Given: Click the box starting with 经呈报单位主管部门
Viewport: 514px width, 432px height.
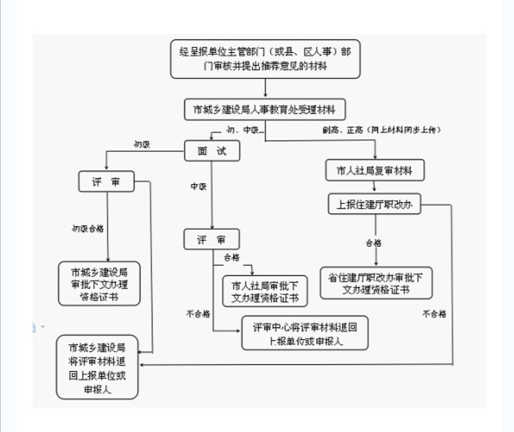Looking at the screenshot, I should (x=265, y=59).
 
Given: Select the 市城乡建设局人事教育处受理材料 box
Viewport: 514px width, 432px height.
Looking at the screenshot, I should (x=265, y=110).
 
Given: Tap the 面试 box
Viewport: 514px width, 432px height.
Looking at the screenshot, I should (x=212, y=152).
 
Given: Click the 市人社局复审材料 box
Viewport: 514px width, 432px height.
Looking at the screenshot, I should (x=375, y=170).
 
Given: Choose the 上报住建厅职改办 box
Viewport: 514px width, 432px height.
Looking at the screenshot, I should (x=375, y=205).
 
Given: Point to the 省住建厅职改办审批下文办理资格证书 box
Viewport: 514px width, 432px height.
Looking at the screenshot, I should (x=376, y=283).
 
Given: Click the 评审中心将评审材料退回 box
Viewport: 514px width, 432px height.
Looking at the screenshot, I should (x=305, y=333).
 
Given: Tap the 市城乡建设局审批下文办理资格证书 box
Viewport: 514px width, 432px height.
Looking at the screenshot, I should (x=99, y=284).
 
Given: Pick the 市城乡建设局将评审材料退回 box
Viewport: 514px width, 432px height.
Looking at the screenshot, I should (x=97, y=367).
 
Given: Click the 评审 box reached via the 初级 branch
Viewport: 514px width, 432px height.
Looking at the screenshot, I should (x=107, y=182).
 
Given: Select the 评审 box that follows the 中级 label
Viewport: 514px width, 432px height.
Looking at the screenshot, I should (x=212, y=240).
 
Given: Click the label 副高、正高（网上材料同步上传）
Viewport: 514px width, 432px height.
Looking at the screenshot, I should (x=382, y=129).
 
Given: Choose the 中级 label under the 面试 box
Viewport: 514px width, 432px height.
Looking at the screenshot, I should (x=198, y=187).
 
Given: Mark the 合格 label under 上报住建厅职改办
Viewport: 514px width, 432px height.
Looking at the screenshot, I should (x=373, y=243).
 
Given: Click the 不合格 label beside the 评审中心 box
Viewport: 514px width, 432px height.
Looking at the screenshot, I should (x=198, y=314).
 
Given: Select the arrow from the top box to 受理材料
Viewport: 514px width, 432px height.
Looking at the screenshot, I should (x=265, y=89).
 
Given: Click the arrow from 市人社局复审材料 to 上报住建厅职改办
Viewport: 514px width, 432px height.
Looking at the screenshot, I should (x=375, y=187).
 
